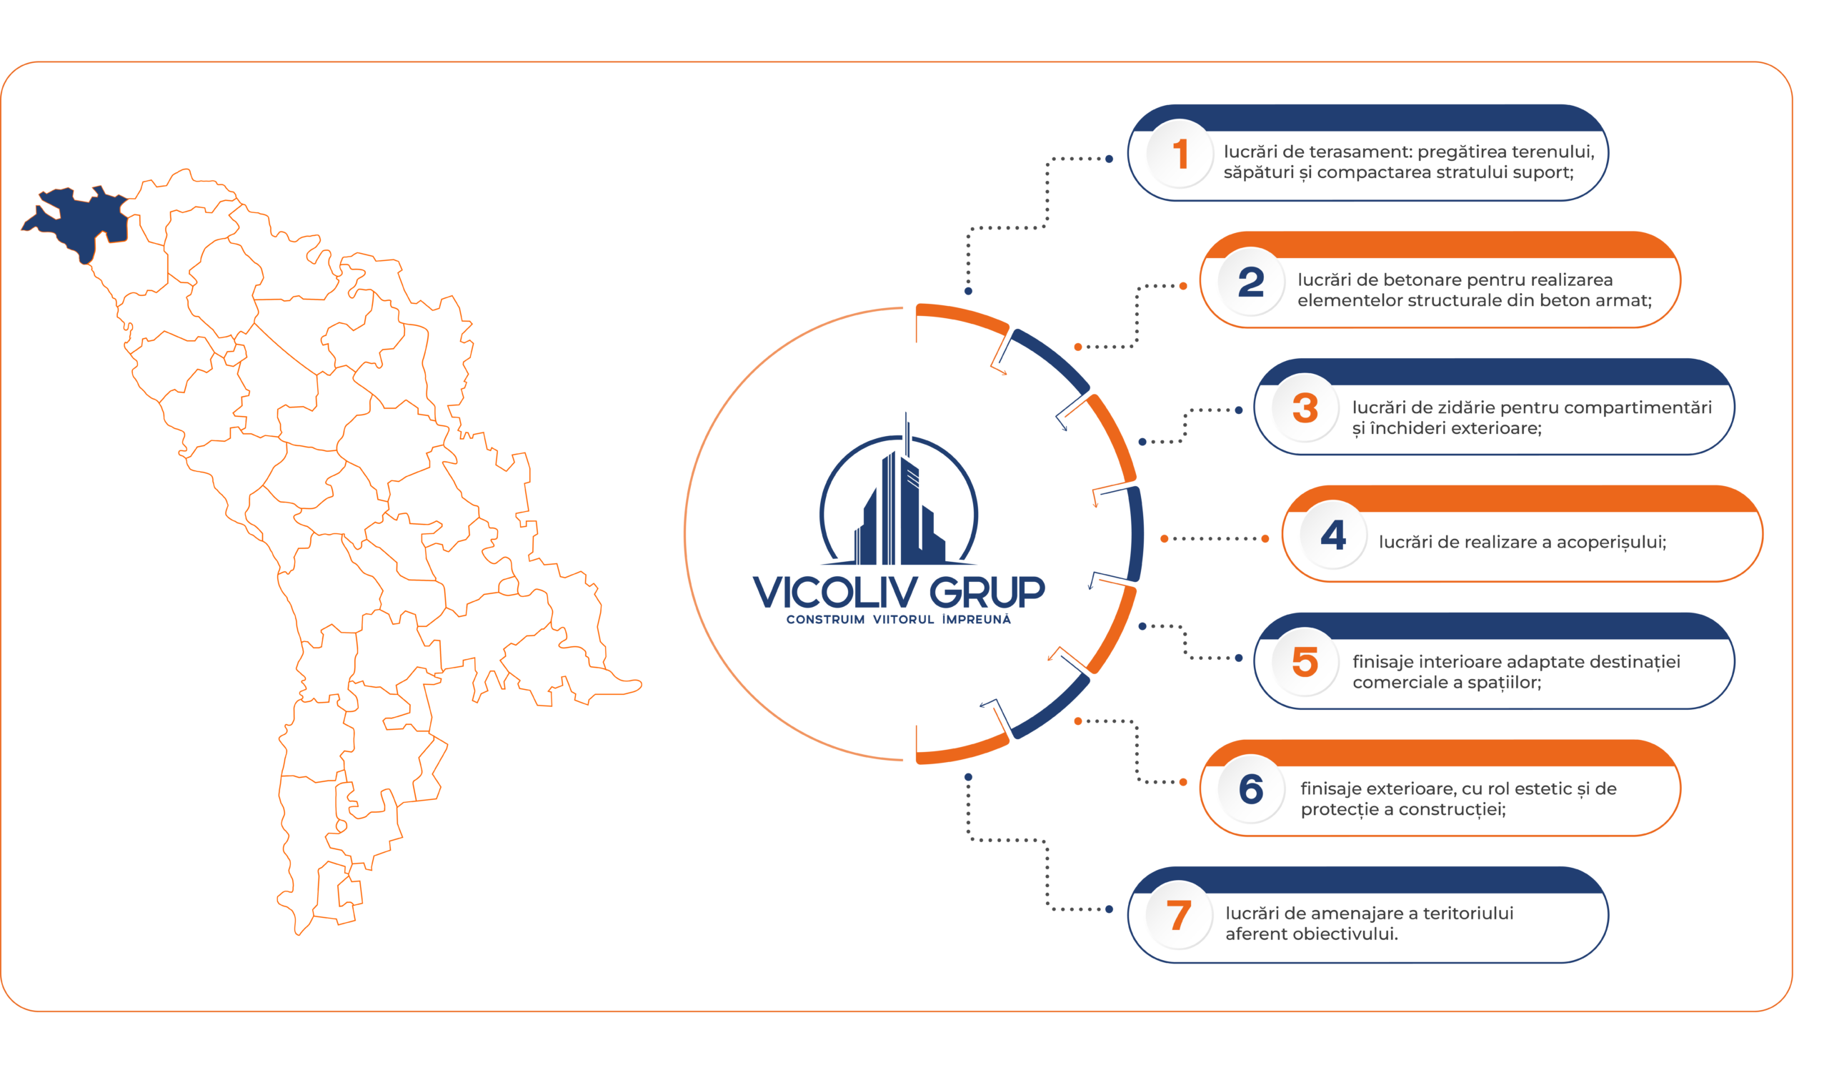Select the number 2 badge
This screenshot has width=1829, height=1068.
pyautogui.click(x=1252, y=282)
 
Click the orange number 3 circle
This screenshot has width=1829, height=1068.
pyautogui.click(x=1306, y=408)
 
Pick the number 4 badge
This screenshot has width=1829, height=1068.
pyautogui.click(x=1334, y=535)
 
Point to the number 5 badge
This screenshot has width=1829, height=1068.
pyautogui.click(x=1306, y=662)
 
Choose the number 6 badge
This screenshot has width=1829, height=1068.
pyautogui.click(x=1252, y=789)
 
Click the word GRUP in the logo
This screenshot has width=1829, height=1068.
pyautogui.click(x=988, y=593)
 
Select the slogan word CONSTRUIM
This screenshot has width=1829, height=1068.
pyautogui.click(x=826, y=620)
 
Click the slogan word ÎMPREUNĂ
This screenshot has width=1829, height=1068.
pyautogui.click(x=977, y=620)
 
